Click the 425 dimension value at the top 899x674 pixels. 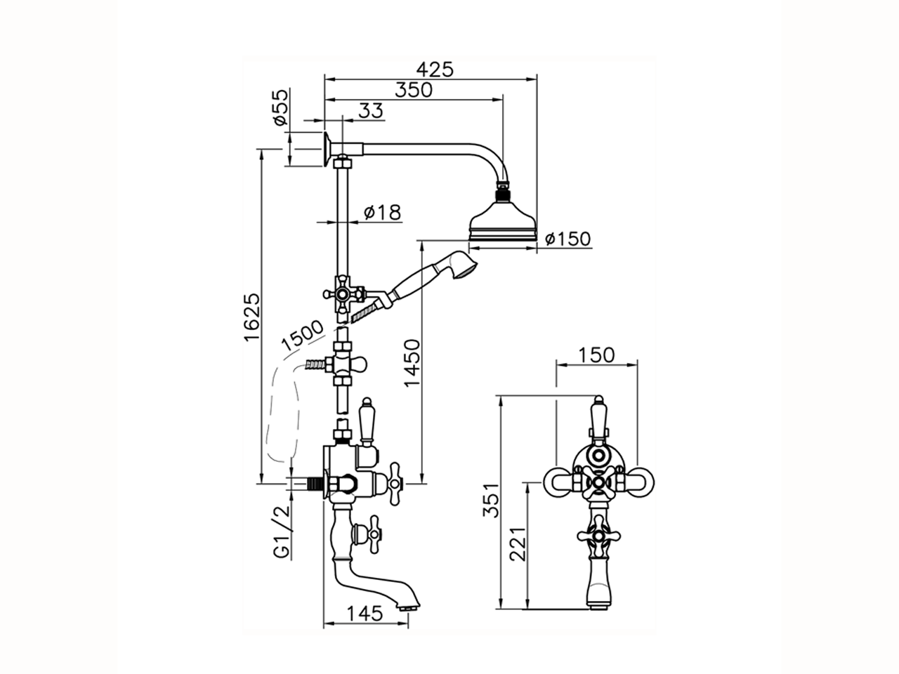point(435,70)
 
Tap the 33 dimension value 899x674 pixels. point(370,110)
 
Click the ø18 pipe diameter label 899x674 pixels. point(383,212)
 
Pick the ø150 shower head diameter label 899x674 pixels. point(567,239)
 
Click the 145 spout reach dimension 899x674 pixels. point(365,613)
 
